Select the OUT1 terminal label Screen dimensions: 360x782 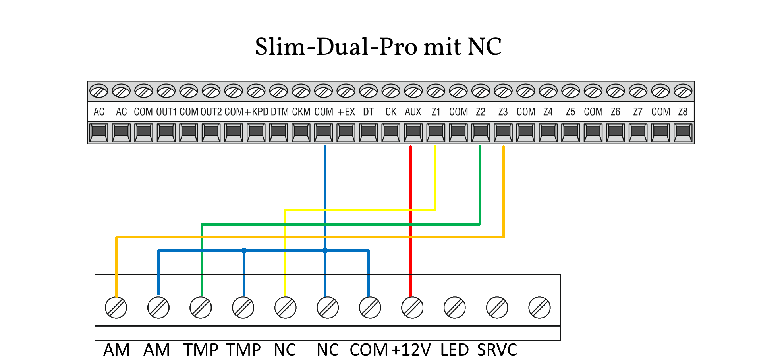[166, 112]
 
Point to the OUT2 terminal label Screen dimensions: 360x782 [211, 112]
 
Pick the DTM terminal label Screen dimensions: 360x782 [280, 112]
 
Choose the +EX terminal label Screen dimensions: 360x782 [346, 112]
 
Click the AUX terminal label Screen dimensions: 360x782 [413, 112]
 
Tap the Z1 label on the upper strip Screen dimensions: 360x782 [436, 112]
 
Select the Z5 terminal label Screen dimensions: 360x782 [570, 112]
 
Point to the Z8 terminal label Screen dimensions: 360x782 [683, 112]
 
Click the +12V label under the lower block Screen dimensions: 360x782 [411, 350]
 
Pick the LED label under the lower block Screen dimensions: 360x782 [455, 350]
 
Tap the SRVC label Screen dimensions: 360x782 [497, 350]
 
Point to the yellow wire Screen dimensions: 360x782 [435, 179]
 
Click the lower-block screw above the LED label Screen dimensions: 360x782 [455, 308]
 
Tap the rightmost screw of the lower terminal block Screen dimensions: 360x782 [539, 308]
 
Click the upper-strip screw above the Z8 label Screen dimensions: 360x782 [683, 91]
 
